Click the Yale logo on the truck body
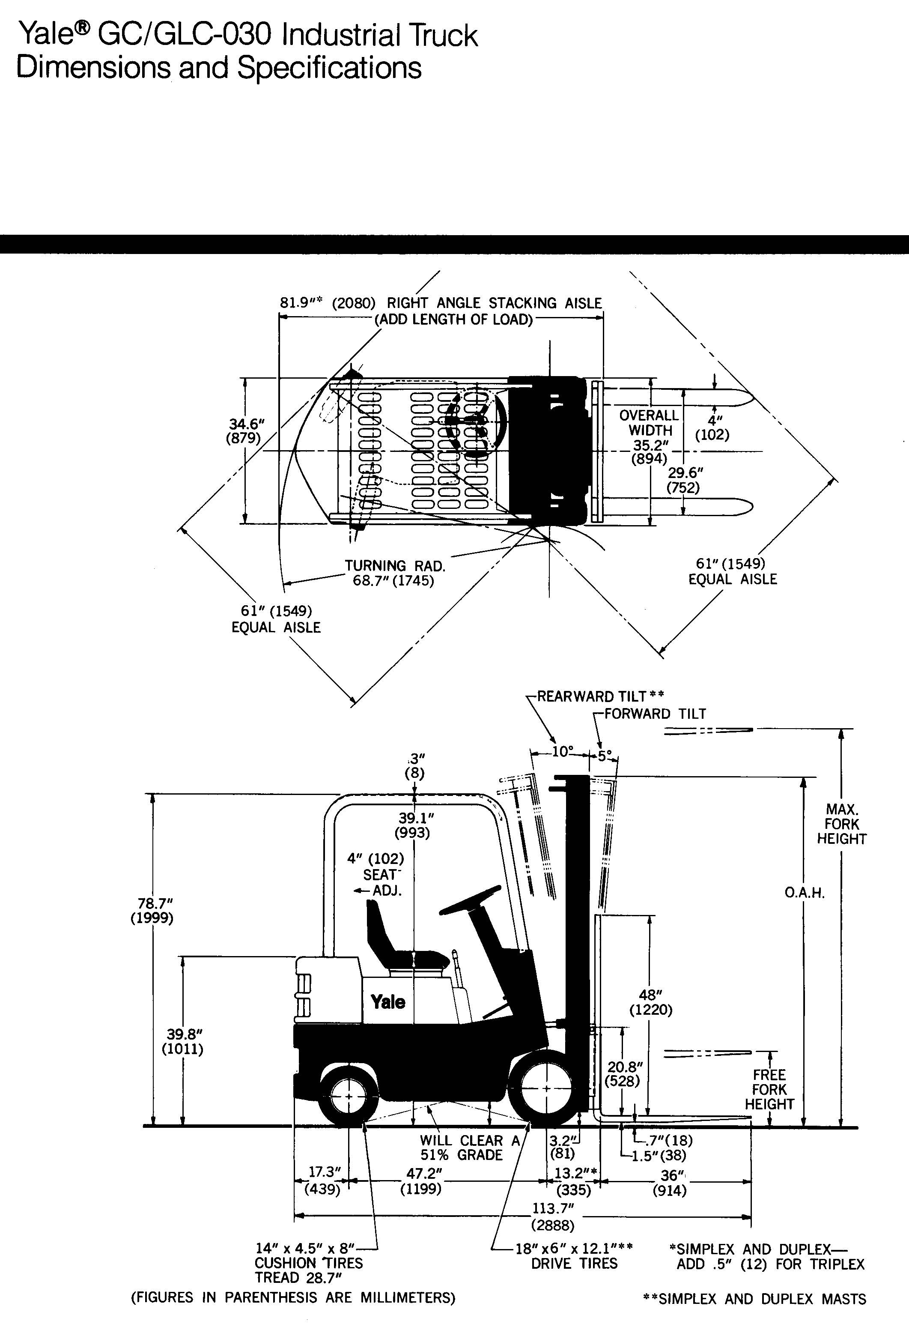pos(388,1002)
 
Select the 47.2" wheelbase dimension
pos(420,1181)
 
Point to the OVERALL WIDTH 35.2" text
pos(649,437)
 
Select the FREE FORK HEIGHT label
pos(769,1089)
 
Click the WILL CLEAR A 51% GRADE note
pos(469,1148)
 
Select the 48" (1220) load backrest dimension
pos(650,1002)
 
